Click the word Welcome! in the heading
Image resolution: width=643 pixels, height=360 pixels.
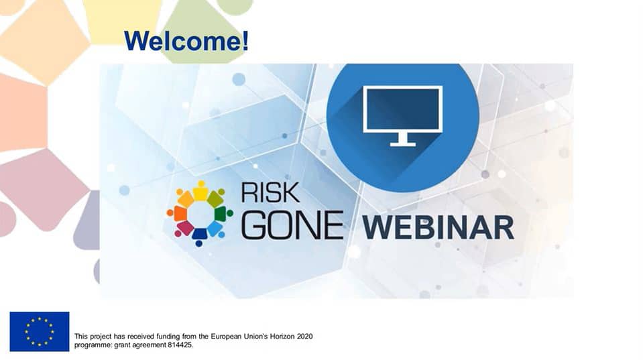click(x=186, y=41)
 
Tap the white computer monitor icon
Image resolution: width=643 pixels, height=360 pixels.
click(x=403, y=115)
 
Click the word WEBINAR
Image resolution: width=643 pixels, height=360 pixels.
click(x=438, y=227)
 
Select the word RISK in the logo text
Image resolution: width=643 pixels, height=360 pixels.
click(x=270, y=192)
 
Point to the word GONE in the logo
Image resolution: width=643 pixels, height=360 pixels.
click(x=292, y=225)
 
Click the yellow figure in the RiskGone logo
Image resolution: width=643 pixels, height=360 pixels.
click(x=200, y=191)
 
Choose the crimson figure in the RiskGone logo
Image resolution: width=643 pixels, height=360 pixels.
click(x=183, y=229)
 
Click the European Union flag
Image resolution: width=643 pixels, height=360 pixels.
click(x=40, y=331)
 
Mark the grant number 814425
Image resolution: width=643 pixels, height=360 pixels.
click(x=180, y=345)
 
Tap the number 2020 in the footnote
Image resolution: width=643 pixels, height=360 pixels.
click(x=304, y=337)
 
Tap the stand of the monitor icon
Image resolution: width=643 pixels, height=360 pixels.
click(x=403, y=139)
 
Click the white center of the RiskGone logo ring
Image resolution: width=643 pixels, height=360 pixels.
click(x=200, y=214)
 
